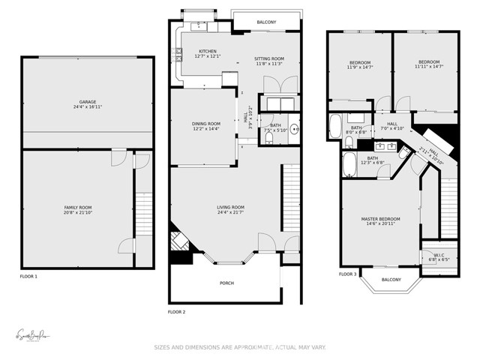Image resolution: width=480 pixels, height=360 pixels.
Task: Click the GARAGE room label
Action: tap(88, 102)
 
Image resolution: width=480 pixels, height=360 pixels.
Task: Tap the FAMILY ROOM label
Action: tap(77, 206)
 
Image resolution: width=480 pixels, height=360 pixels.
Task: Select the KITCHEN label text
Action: tap(208, 51)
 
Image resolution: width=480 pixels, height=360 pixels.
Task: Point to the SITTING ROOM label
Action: tap(269, 58)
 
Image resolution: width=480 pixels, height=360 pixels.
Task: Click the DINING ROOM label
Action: tap(207, 124)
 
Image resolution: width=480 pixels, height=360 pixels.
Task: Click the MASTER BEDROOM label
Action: tap(380, 219)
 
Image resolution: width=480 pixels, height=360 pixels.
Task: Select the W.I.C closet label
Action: tap(439, 255)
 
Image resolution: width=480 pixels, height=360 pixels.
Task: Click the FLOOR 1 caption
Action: tap(29, 277)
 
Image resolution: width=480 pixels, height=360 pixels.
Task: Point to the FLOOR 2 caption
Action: tap(176, 310)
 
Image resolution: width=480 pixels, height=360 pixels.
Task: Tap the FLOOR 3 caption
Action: tap(347, 274)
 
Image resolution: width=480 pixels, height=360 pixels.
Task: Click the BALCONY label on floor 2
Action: tap(266, 22)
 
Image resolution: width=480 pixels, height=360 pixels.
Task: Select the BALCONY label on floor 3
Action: tap(391, 279)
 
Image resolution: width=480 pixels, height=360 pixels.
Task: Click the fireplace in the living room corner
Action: tap(178, 241)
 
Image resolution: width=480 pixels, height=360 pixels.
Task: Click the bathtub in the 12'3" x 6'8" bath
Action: tap(350, 164)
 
